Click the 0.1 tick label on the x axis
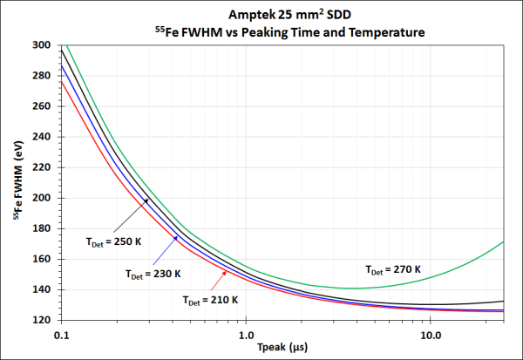click(61, 334)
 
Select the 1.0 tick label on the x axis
click(246, 334)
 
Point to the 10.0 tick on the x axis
click(430, 334)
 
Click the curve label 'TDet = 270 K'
click(393, 270)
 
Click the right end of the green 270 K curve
click(504, 241)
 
